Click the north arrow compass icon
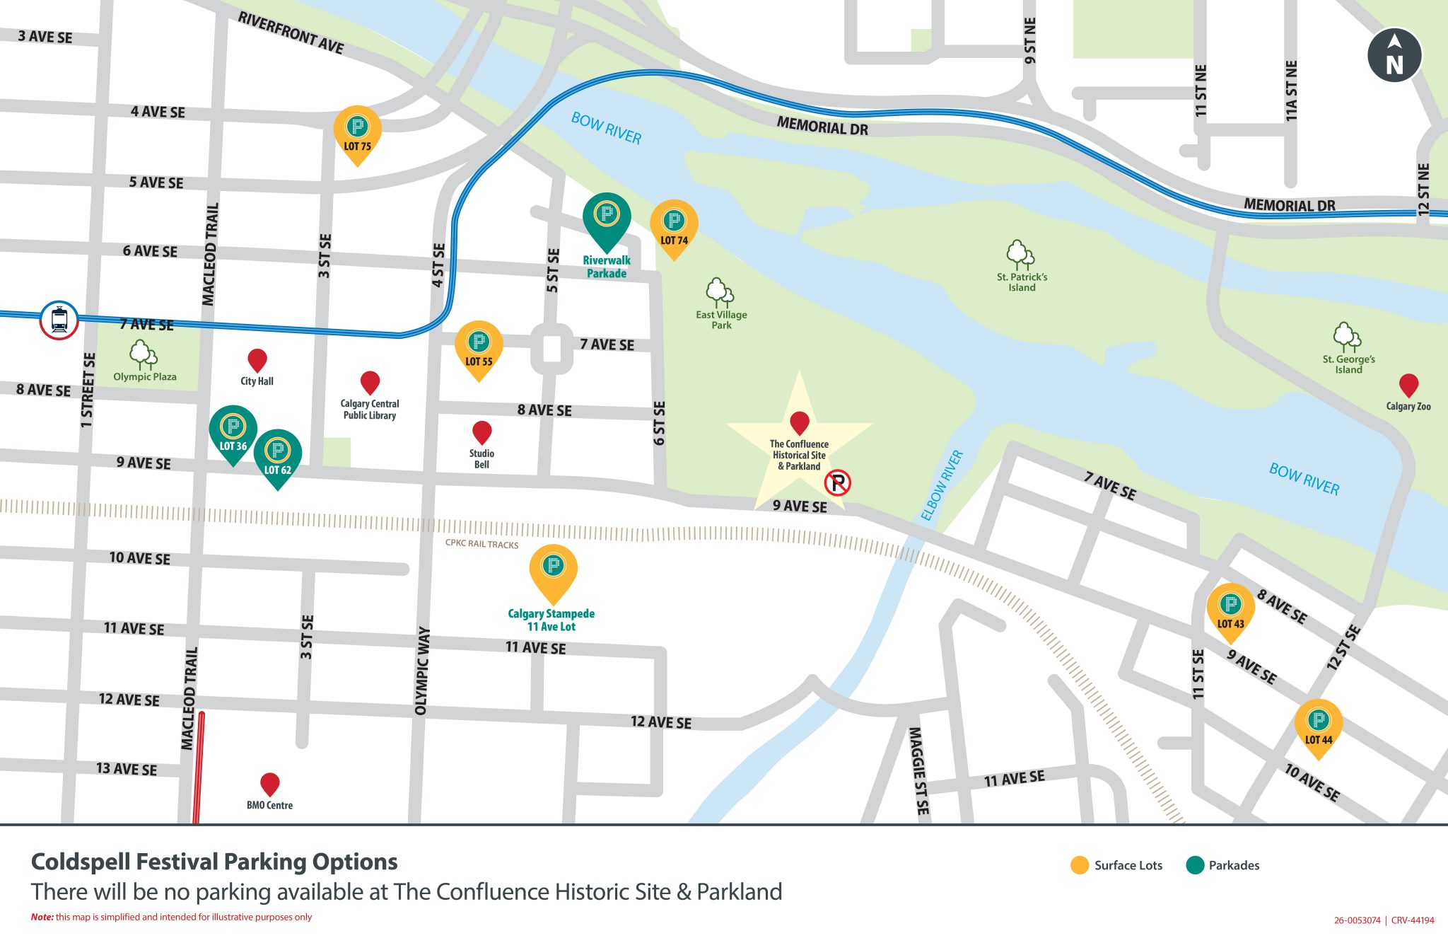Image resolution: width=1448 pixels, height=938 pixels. [1394, 55]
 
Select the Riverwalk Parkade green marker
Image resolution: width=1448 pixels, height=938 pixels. [606, 218]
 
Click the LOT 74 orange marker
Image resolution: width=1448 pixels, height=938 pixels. [674, 226]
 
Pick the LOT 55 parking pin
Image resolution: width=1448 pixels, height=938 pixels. [479, 347]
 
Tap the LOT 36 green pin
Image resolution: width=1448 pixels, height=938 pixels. [233, 432]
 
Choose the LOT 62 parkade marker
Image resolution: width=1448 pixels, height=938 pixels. [277, 456]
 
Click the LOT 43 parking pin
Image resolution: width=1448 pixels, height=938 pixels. [1230, 609]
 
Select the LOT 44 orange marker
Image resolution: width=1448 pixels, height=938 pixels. [1318, 726]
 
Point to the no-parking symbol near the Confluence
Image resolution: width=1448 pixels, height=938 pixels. [837, 483]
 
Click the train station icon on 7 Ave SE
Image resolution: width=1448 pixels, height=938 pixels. [59, 320]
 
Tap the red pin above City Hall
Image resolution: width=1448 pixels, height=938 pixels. [257, 360]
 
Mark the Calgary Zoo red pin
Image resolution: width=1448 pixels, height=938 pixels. [1408, 385]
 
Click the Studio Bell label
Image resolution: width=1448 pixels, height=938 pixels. [481, 459]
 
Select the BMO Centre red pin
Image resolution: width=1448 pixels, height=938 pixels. [269, 784]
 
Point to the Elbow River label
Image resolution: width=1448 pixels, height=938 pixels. [942, 485]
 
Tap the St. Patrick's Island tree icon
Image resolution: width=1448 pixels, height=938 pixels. [1020, 255]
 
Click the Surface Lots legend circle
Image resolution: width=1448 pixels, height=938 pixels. [1079, 865]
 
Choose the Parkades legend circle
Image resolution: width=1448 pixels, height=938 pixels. [1194, 865]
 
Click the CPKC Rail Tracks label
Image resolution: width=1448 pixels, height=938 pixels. [481, 544]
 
